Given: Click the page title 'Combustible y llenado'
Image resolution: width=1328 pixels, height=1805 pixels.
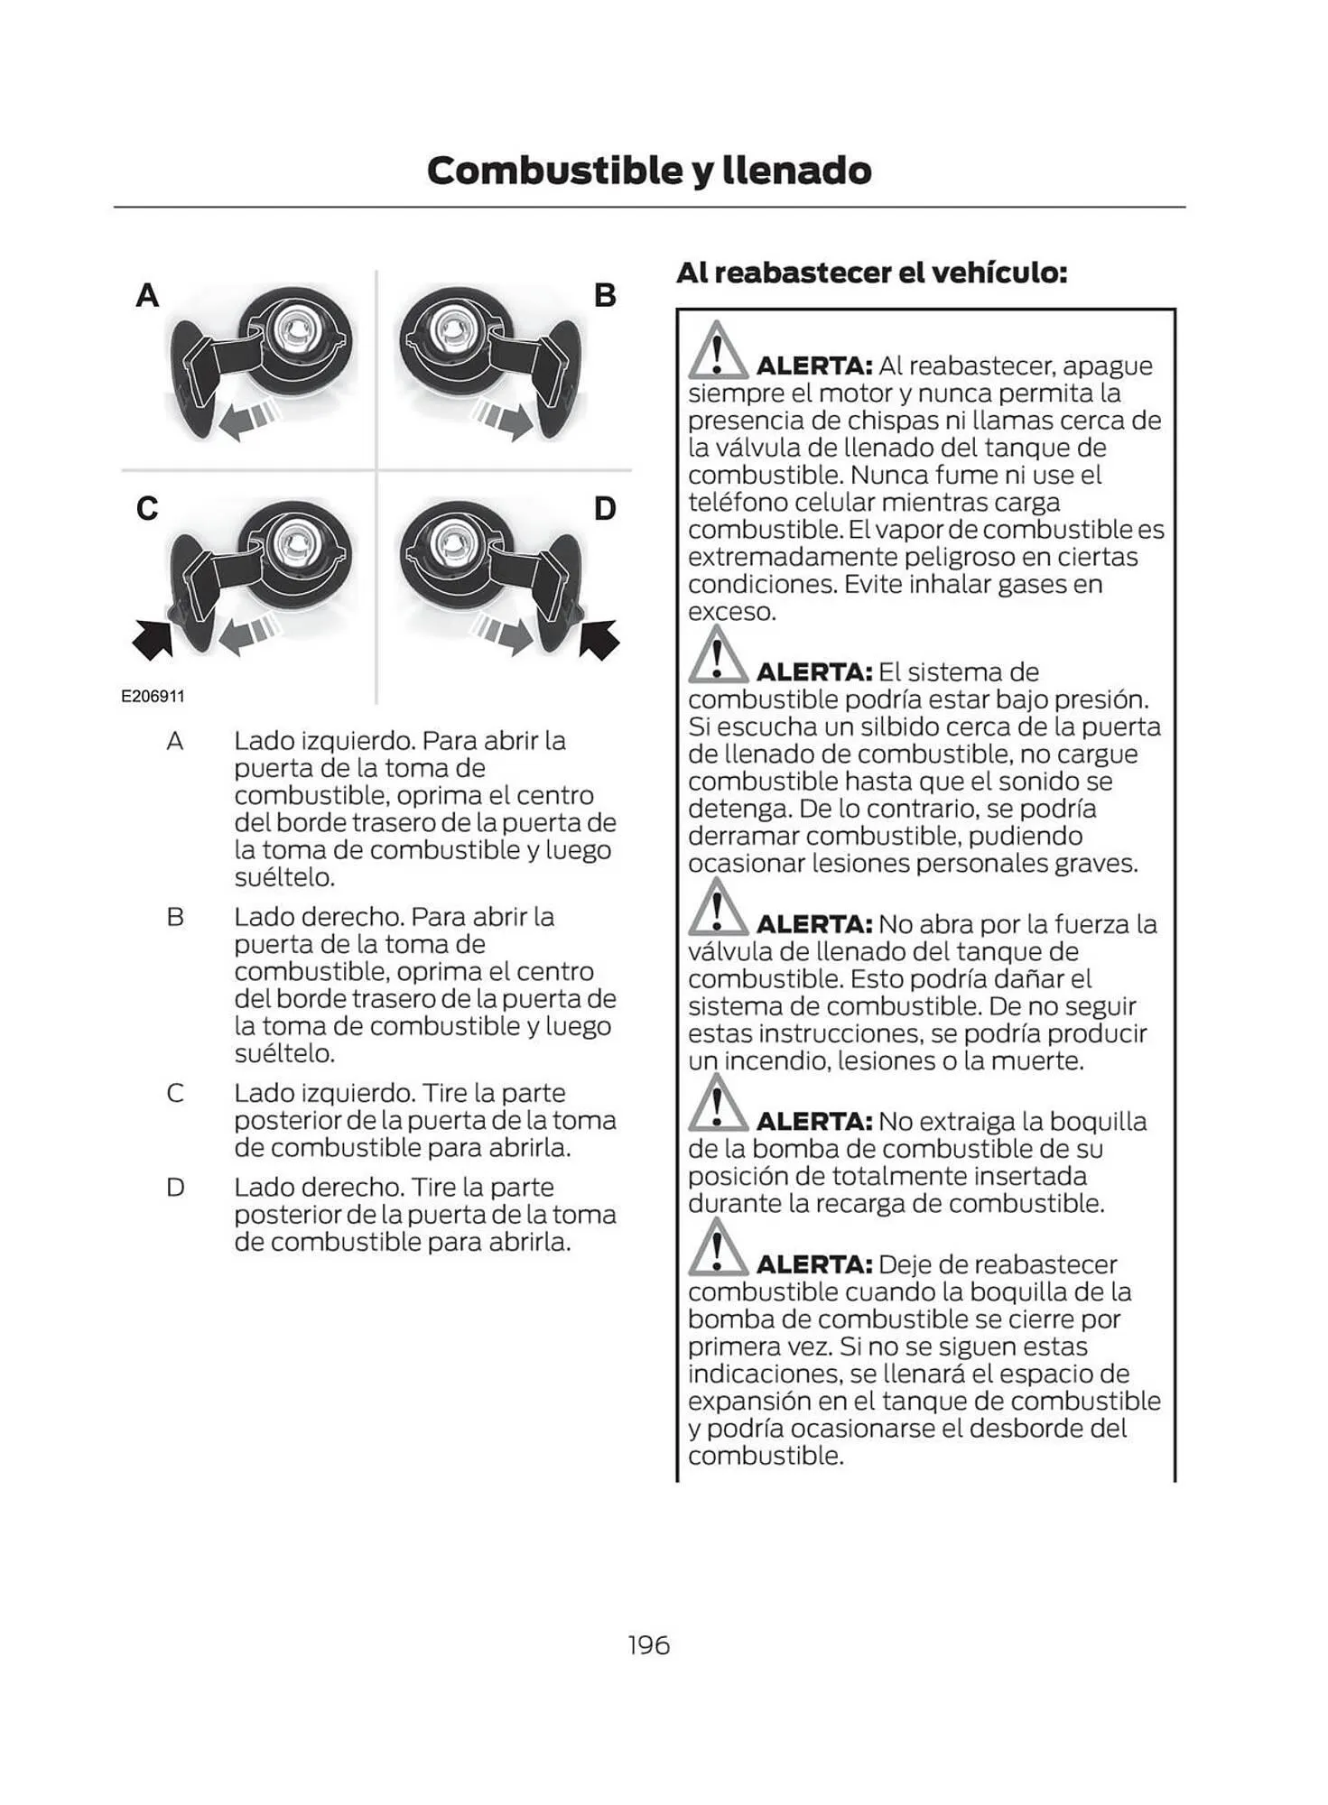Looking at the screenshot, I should [x=648, y=170].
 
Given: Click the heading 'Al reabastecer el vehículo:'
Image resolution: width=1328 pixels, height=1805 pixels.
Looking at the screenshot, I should [x=871, y=272].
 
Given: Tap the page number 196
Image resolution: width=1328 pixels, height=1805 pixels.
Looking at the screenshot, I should [x=648, y=1645].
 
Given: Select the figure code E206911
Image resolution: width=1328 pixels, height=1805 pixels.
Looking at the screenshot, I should [x=153, y=697].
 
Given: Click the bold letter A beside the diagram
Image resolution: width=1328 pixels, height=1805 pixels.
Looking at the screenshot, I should [x=147, y=295].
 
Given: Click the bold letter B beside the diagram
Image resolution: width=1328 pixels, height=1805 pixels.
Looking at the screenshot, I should [x=605, y=295].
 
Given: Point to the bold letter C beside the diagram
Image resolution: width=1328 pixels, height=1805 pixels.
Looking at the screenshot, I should [x=147, y=508].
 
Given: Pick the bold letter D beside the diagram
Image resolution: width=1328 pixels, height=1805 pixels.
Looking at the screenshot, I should [x=605, y=508].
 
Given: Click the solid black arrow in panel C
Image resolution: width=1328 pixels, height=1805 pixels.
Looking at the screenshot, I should [x=153, y=638].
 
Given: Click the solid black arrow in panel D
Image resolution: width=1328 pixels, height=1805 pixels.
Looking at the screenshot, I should [x=599, y=638].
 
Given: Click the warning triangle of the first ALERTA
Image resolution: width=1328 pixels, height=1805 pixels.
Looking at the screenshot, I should [x=717, y=352].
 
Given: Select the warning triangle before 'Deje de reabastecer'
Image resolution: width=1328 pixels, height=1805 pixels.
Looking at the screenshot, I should [x=717, y=1249].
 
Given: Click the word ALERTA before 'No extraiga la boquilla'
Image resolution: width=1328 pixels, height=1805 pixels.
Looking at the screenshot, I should [x=813, y=1122].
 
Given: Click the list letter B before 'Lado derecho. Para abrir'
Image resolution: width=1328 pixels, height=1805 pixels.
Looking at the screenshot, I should [x=175, y=917].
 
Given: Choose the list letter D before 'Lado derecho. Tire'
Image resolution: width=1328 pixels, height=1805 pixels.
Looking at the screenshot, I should [x=175, y=1188].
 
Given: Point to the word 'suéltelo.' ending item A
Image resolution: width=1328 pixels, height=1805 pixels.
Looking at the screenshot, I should [x=284, y=877].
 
